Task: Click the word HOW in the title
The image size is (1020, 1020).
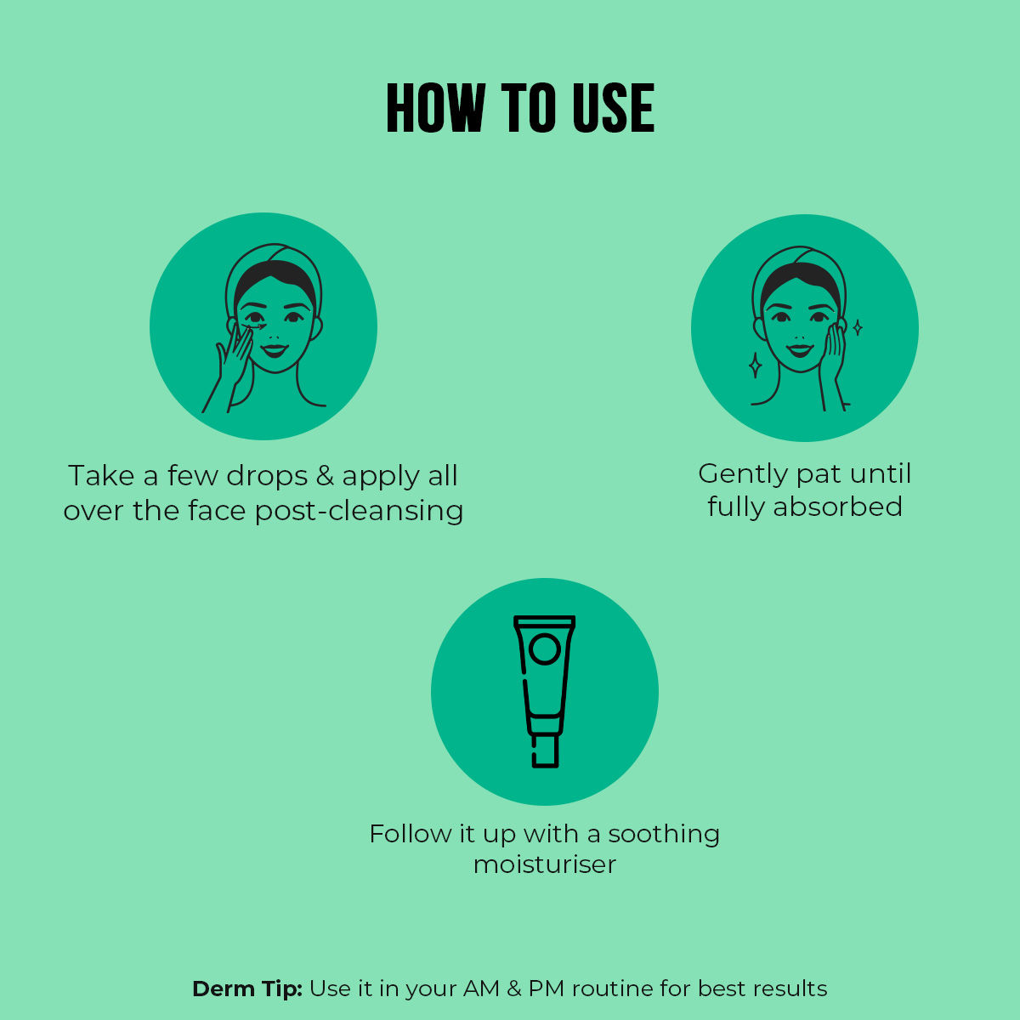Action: [x=436, y=107]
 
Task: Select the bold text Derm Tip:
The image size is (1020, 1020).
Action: [x=247, y=989]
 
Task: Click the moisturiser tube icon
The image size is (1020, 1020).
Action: [x=544, y=691]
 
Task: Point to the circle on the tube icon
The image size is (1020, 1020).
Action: [x=545, y=649]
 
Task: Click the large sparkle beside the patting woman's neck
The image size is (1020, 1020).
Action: [x=756, y=365]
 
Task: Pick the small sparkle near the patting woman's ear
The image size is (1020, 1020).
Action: [x=858, y=327]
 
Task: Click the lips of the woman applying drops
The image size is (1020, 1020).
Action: [x=275, y=350]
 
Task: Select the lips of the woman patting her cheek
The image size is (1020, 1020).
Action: [x=799, y=350]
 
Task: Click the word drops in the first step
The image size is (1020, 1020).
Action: [x=267, y=476]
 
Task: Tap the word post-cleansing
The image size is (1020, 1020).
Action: [x=360, y=512]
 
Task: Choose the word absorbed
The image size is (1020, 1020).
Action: [x=838, y=507]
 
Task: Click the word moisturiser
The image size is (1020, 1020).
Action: [x=545, y=864]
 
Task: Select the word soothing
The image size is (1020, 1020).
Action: [x=664, y=835]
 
